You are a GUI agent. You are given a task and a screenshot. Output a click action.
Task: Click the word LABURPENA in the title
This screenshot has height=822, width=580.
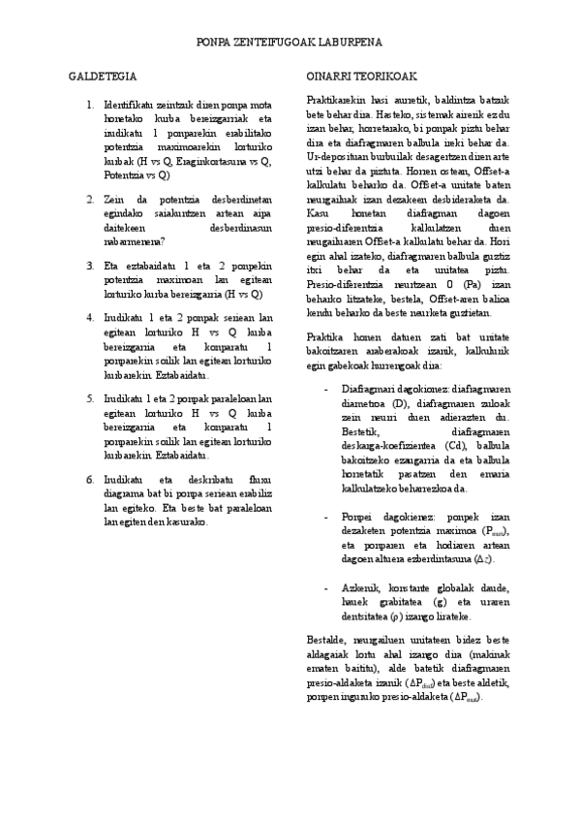coord(350,44)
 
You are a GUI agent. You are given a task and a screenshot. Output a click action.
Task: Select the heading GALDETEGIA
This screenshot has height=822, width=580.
coord(102,75)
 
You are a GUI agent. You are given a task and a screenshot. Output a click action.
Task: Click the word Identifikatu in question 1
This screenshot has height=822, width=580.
coord(129,103)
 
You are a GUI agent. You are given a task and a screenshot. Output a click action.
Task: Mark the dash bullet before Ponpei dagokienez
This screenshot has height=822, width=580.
coord(326,518)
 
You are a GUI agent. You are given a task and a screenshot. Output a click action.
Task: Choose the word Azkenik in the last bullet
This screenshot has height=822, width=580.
coord(358,587)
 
